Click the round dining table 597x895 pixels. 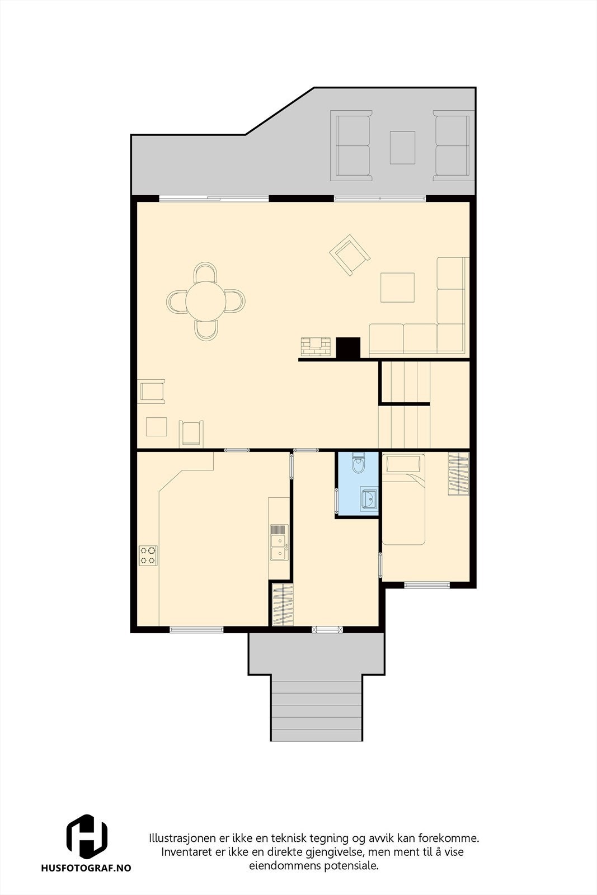point(206,301)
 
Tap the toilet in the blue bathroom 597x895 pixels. point(358,463)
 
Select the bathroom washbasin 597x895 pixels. point(368,498)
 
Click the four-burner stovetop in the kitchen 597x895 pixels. point(148,555)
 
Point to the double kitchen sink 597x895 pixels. point(278,543)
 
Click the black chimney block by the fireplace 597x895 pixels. point(347,348)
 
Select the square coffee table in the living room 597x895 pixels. point(397,287)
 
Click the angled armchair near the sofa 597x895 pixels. point(349,255)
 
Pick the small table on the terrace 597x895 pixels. point(402,147)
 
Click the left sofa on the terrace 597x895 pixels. point(351,145)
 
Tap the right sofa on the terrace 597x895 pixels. point(452,145)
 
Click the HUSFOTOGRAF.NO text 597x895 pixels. point(86,868)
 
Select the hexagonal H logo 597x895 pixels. point(87,837)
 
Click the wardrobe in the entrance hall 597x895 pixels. point(282,605)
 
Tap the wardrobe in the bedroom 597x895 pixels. point(458,473)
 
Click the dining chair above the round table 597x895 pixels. point(205,273)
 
